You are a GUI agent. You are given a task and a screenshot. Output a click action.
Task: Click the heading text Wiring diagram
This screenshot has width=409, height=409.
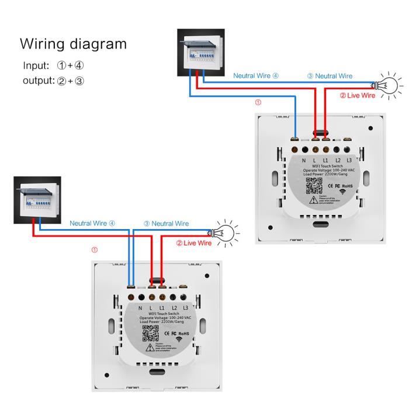[73, 44]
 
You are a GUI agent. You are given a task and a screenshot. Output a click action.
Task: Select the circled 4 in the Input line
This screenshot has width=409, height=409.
[79, 65]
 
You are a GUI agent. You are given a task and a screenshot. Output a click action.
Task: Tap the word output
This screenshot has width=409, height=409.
[39, 81]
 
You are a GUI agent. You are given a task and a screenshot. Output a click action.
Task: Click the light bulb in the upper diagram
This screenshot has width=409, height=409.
[387, 86]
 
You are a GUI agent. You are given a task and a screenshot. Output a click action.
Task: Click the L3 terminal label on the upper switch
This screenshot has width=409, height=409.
[349, 160]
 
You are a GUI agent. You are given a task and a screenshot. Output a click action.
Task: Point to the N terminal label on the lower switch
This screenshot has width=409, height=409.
[140, 307]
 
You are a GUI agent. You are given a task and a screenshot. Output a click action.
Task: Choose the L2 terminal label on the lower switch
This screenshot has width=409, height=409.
[174, 307]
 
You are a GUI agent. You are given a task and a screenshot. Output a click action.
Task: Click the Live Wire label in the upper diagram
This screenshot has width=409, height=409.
[358, 95]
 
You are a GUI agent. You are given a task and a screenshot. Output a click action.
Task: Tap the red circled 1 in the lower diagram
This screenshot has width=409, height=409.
[95, 250]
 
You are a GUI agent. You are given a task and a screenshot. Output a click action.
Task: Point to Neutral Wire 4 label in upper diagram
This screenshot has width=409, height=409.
[256, 76]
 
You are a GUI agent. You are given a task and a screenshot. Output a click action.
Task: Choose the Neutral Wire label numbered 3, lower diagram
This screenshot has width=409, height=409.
[166, 224]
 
